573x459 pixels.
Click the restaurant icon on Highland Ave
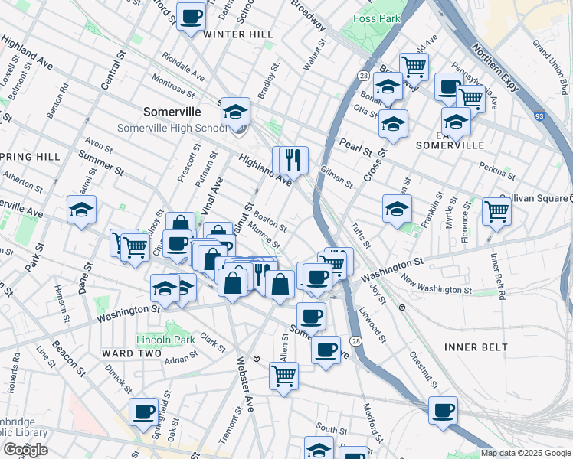tap(290, 161)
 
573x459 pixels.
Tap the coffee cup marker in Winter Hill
tap(191, 16)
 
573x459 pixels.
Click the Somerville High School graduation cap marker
tap(235, 112)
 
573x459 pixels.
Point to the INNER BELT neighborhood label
tap(476, 347)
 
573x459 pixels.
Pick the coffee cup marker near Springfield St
tap(143, 412)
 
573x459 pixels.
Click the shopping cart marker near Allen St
tap(283, 376)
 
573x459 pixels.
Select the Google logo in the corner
tap(25, 449)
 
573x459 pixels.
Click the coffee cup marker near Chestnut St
tap(443, 410)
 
